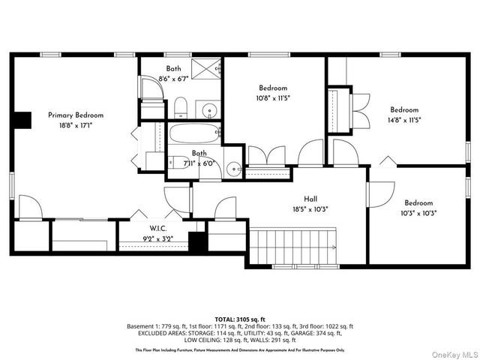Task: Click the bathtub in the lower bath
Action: (x=193, y=136)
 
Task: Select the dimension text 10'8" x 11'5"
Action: (x=274, y=97)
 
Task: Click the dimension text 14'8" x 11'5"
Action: (x=403, y=119)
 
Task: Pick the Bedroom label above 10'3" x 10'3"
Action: (x=418, y=202)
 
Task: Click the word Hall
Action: (x=310, y=200)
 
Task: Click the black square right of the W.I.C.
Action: (x=197, y=244)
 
